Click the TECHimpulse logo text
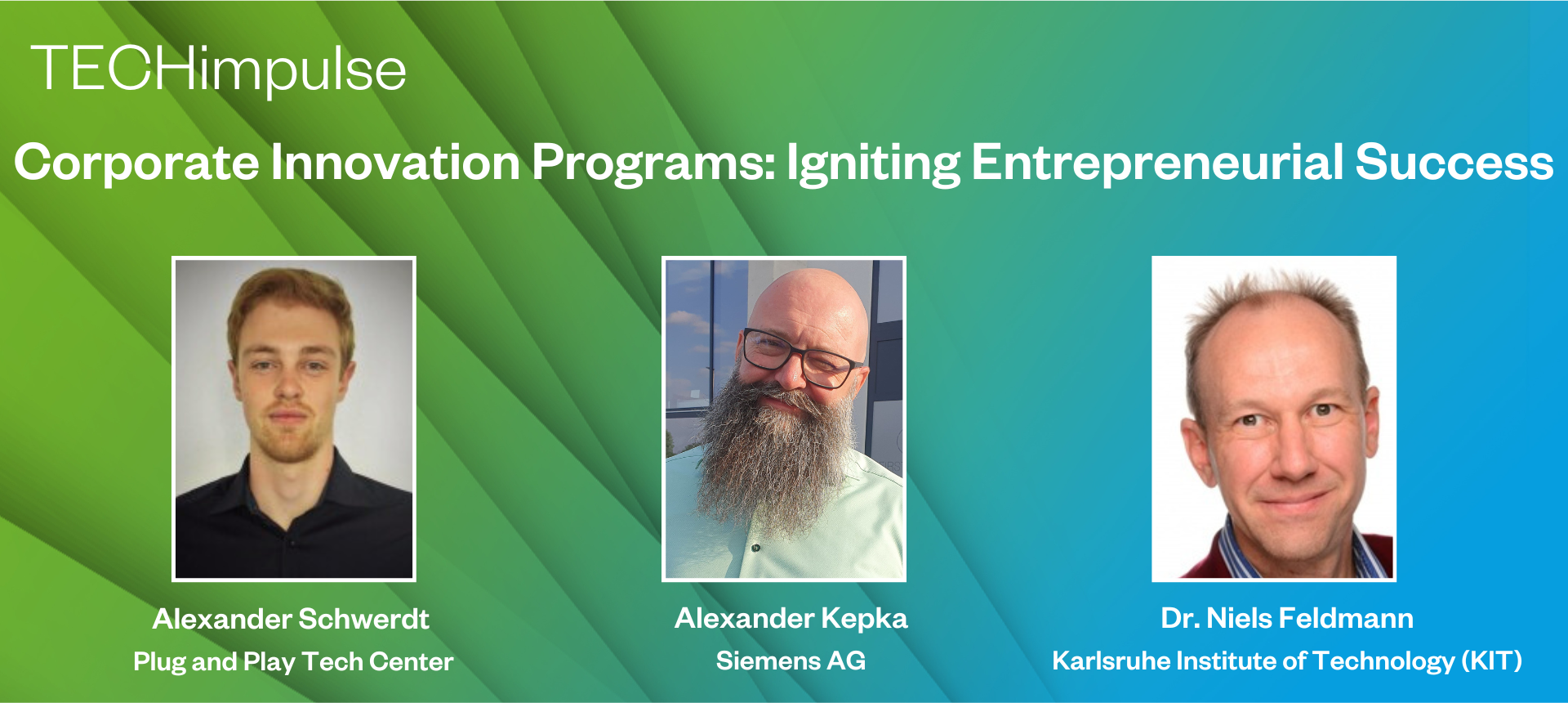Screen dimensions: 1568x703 (x=219, y=69)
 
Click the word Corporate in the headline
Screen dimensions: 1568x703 (x=137, y=163)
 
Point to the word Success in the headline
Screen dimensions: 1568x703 (x=1454, y=162)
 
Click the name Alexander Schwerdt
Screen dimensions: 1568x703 (x=291, y=619)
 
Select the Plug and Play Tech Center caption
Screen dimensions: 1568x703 (x=293, y=661)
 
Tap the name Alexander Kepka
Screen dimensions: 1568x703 (x=791, y=619)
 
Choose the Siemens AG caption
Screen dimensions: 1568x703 (x=791, y=660)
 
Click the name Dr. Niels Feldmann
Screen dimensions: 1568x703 (x=1287, y=618)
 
